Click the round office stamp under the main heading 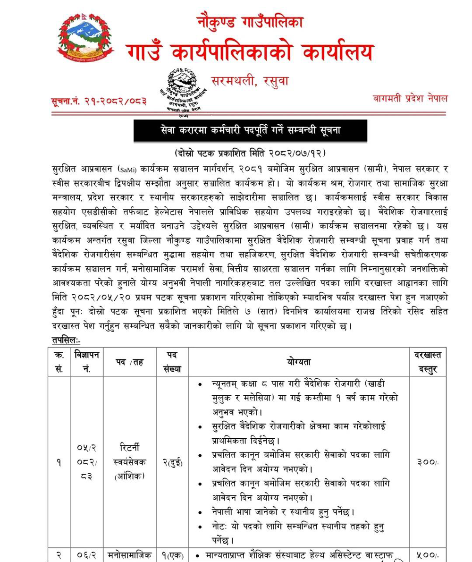point(185,91)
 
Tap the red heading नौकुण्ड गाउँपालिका point(251,21)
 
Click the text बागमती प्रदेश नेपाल point(408,99)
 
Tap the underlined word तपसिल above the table point(66,340)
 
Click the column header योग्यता point(298,361)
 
